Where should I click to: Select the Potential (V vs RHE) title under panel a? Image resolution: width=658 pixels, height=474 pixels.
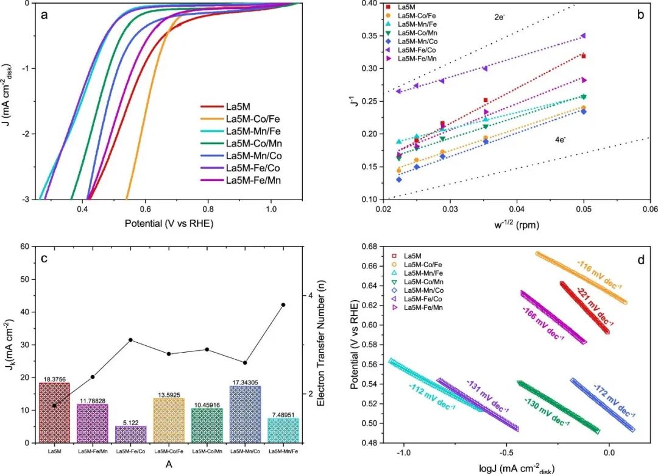pos(169,223)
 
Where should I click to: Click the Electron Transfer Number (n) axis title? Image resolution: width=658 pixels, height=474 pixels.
pos(328,345)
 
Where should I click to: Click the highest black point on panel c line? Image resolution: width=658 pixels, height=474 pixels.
pos(283,304)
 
